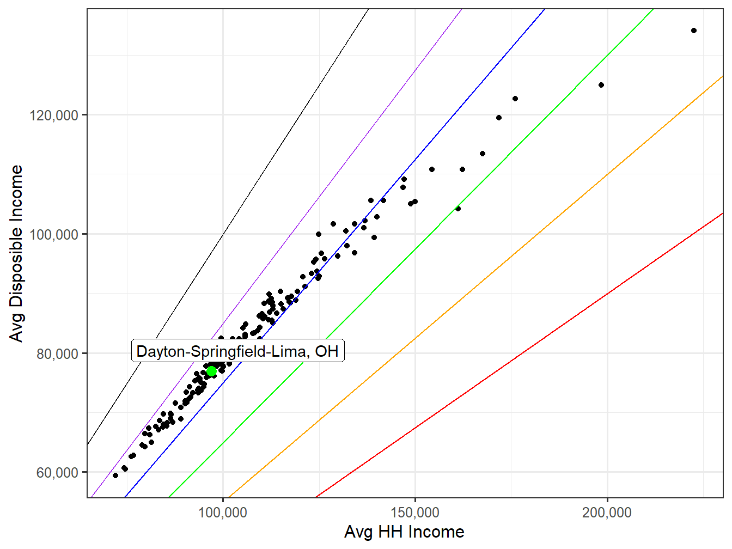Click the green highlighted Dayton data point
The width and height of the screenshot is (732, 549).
211,371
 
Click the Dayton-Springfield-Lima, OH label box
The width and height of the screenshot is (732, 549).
237,351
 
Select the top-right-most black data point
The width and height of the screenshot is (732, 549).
693,30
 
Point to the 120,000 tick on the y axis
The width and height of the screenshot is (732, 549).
54,115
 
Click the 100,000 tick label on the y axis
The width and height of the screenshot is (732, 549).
54,235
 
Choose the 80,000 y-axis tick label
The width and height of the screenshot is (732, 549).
57,354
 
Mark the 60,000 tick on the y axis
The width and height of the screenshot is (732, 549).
57,473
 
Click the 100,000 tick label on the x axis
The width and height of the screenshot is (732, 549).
223,513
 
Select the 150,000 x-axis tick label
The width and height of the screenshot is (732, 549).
415,513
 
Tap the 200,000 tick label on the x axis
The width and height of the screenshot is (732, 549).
607,513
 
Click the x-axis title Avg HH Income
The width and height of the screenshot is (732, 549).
404,532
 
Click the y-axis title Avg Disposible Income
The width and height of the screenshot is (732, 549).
17,253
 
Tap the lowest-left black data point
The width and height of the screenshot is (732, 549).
115,475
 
